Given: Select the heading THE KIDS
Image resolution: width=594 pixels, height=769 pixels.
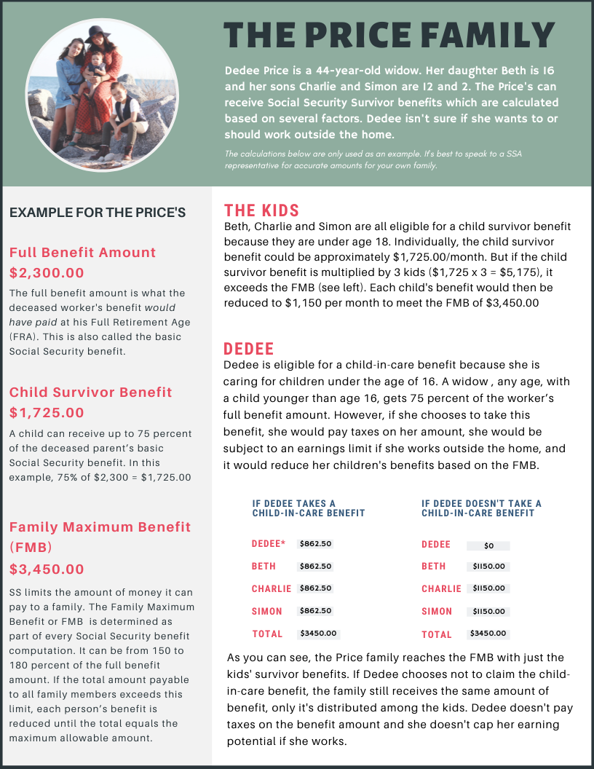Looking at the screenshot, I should (261, 210).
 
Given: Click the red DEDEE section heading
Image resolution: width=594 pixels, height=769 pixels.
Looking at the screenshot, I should (248, 348).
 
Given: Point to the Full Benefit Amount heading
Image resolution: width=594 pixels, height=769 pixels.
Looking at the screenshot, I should (82, 253).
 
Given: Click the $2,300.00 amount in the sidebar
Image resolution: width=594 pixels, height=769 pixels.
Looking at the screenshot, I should (47, 273).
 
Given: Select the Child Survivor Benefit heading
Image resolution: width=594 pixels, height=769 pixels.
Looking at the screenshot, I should (91, 393).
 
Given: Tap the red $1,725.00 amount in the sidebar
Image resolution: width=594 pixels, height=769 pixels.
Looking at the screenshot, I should (47, 413).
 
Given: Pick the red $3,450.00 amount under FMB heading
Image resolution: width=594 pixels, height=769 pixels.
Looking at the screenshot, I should (47, 569).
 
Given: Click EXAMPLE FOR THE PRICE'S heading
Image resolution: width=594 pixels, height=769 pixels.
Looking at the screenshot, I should (98, 213).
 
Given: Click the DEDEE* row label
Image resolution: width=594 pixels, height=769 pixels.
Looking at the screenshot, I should (269, 544).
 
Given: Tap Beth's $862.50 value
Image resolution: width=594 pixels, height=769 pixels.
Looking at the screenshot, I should (315, 567).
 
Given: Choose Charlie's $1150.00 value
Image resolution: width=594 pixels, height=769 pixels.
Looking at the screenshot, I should (488, 588).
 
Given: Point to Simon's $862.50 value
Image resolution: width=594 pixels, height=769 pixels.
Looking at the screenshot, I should (315, 611).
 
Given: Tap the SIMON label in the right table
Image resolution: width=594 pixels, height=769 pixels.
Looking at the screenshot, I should (437, 612).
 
